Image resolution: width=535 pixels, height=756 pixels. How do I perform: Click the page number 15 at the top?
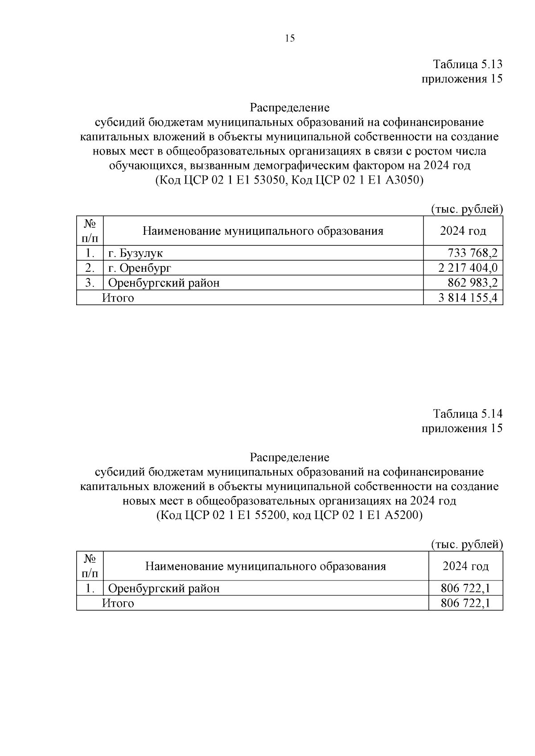click(289, 38)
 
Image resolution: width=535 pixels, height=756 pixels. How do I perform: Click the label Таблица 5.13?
click(468, 64)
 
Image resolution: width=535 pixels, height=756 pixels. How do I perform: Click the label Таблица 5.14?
click(468, 413)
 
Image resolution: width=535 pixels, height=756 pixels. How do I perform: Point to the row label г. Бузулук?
click(136, 253)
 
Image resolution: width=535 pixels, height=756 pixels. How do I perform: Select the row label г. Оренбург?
click(140, 268)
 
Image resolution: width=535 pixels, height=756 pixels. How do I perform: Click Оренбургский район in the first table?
click(164, 283)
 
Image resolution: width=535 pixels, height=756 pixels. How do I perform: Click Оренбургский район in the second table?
click(164, 588)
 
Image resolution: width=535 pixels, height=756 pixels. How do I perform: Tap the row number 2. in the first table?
click(90, 268)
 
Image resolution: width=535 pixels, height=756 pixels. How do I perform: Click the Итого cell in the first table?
click(118, 298)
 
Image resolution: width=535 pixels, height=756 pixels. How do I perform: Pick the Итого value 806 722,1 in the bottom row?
click(465, 603)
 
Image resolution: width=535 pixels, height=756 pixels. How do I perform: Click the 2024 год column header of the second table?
click(465, 566)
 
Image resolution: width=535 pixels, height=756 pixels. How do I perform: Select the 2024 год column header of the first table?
click(463, 231)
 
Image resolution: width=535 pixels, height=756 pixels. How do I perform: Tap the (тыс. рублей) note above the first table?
click(467, 209)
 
